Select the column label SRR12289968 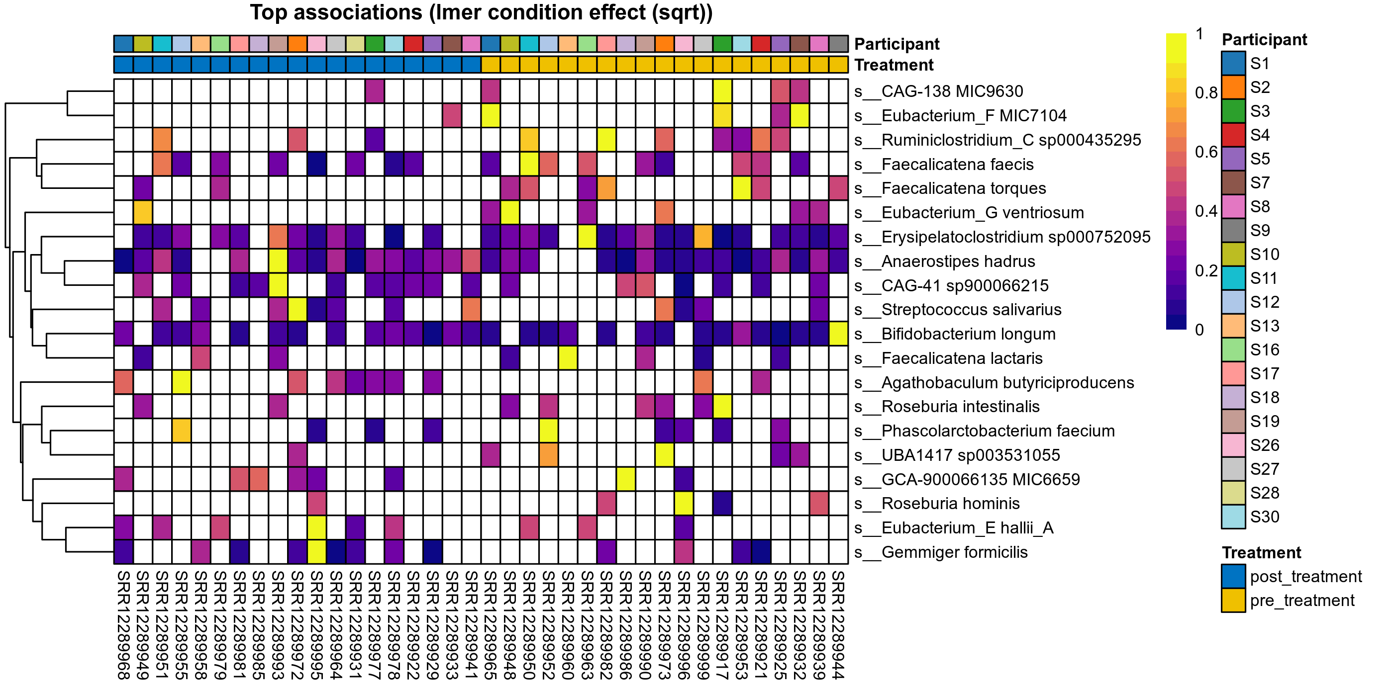[x=124, y=625]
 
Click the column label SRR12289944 [x=839, y=625]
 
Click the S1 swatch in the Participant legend [x=1233, y=64]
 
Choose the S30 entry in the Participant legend [x=1264, y=517]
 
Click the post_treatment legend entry [x=1305, y=577]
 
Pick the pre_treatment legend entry [x=1301, y=601]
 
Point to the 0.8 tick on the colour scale [x=1206, y=93]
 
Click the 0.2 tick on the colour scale [x=1206, y=271]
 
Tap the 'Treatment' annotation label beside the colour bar [x=894, y=65]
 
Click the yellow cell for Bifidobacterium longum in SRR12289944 [x=839, y=335]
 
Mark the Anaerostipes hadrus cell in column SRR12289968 [x=124, y=261]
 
